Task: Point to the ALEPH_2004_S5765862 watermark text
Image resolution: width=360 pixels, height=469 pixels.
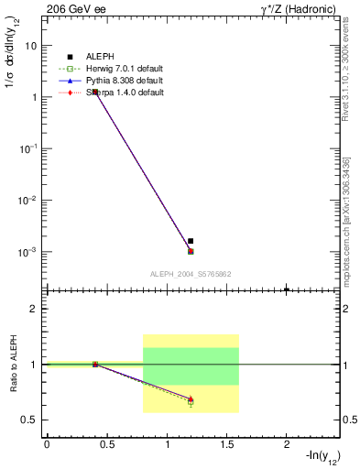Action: [x=191, y=274]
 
